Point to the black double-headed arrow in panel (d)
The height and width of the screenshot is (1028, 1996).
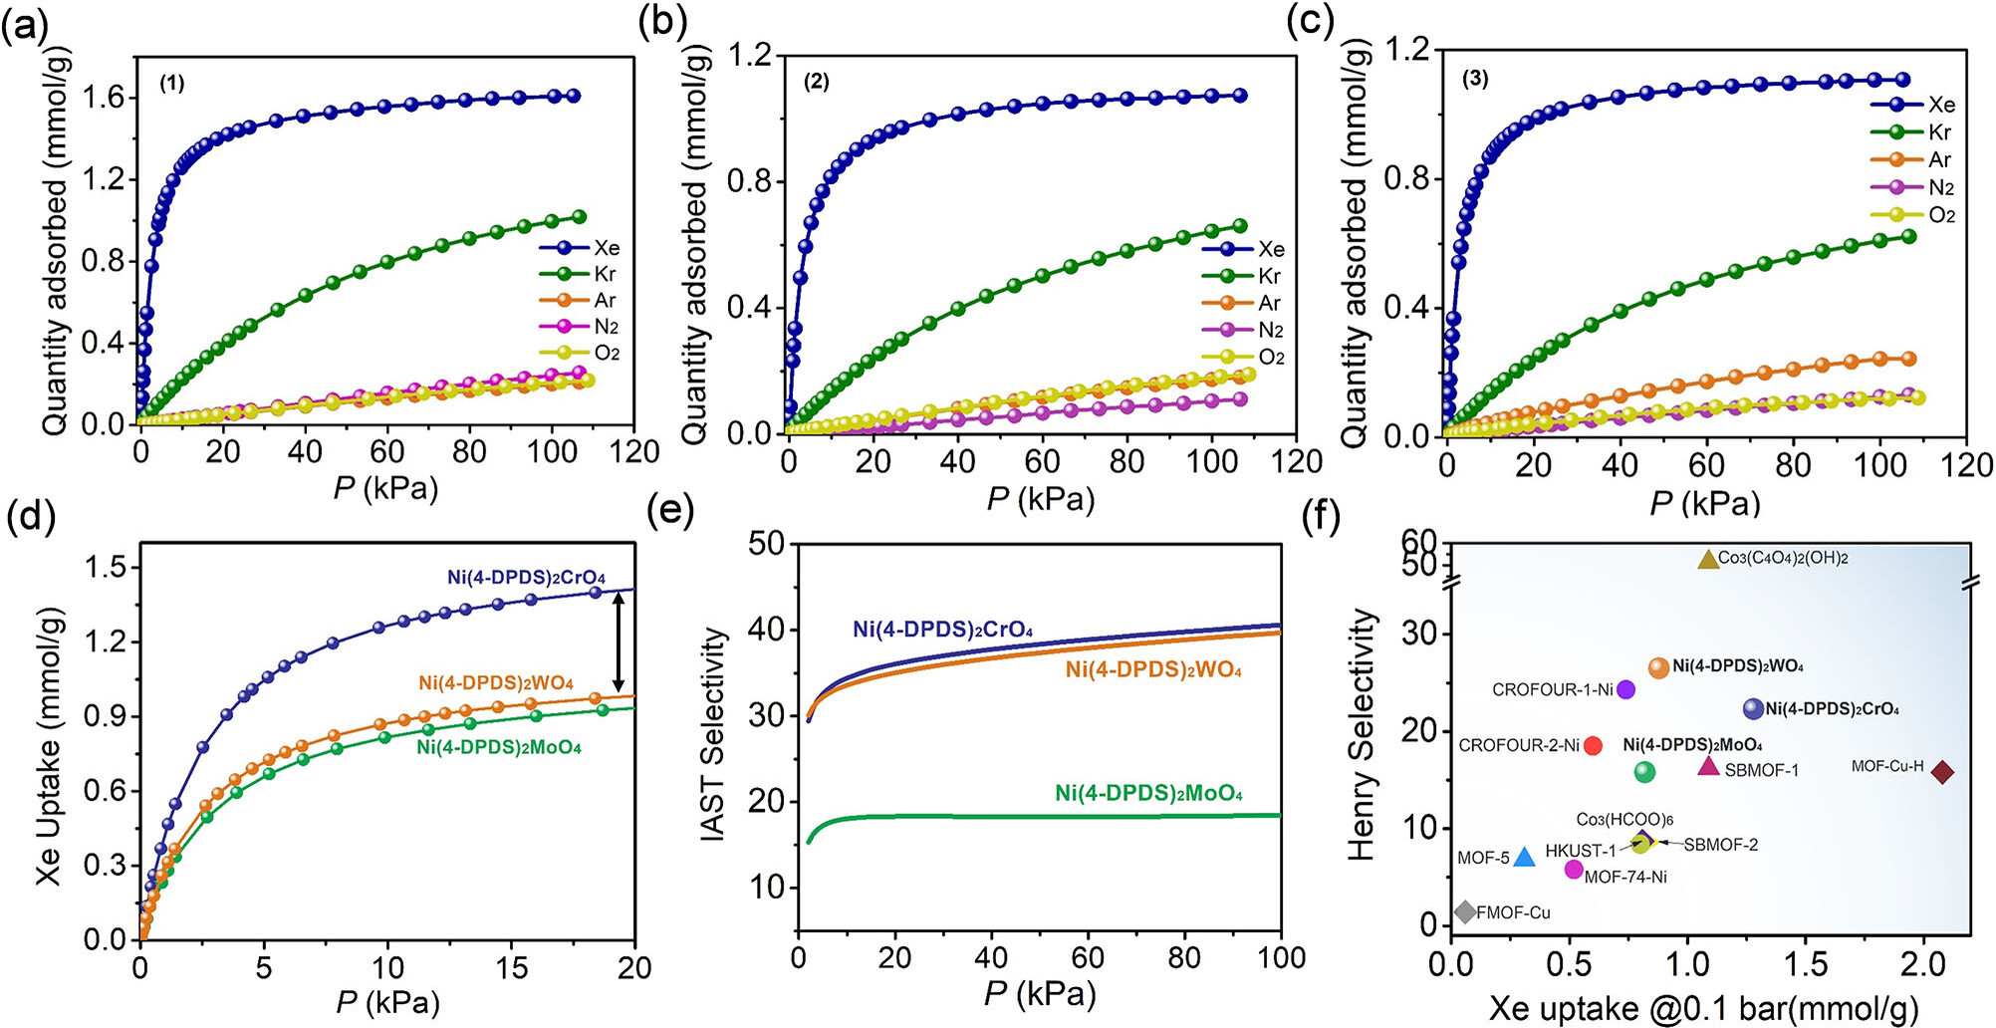point(619,642)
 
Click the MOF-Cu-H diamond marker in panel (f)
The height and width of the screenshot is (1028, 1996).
point(1941,771)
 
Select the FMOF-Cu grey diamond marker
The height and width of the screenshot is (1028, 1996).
point(1464,911)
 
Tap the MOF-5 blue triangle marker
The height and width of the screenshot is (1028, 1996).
point(1524,857)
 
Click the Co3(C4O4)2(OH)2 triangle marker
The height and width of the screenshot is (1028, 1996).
point(1708,560)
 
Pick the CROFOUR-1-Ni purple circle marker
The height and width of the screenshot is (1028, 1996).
point(1625,689)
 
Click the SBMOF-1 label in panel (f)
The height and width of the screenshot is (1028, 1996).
point(1762,770)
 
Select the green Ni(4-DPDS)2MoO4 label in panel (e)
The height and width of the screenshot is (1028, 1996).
point(1148,794)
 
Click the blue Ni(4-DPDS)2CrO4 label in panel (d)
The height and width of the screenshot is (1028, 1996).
point(526,578)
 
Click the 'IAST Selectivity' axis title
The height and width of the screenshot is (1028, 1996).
point(713,733)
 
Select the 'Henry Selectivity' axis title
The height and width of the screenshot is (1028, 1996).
point(1361,734)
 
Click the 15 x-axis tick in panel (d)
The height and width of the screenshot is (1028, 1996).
point(511,967)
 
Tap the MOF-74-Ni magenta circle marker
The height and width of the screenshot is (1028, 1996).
point(1574,870)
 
